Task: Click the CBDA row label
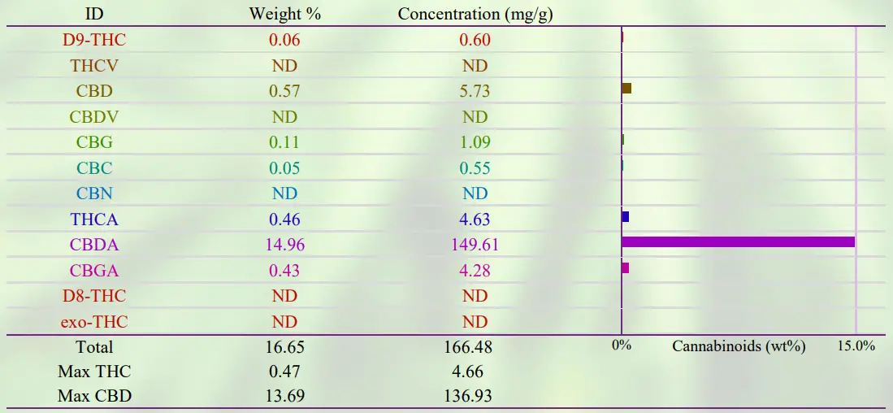(x=94, y=245)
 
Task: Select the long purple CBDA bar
(x=738, y=242)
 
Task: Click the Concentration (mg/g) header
(x=475, y=14)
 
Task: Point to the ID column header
(x=94, y=14)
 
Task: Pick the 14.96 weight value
(x=284, y=245)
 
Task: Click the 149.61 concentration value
(x=475, y=245)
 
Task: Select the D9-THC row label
(x=94, y=39)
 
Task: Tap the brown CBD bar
(x=626, y=88)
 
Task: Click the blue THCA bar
(x=626, y=217)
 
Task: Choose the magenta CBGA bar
(x=626, y=267)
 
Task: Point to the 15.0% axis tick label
(x=856, y=346)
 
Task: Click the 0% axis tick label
(x=622, y=346)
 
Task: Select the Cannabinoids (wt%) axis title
(x=739, y=346)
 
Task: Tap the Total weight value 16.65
(x=284, y=347)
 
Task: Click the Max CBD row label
(x=94, y=397)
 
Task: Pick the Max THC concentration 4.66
(x=475, y=372)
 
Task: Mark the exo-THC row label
(x=94, y=322)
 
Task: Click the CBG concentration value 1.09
(x=475, y=142)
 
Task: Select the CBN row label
(x=94, y=193)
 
